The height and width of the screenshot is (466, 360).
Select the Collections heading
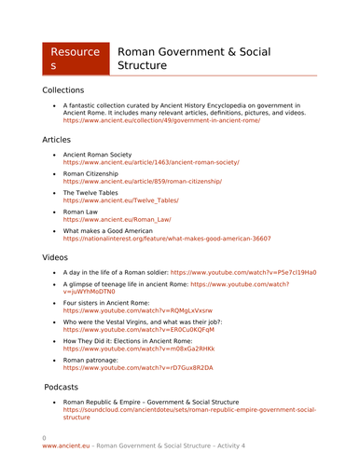pos(69,90)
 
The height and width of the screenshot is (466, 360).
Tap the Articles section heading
pos(62,139)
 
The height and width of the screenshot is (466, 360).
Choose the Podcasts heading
pos(68,386)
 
